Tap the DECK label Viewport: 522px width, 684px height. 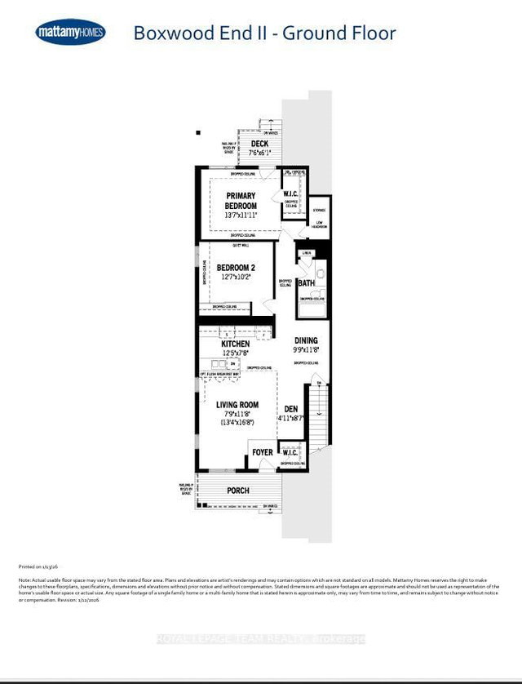(x=259, y=144)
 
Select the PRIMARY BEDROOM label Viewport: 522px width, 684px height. (x=241, y=201)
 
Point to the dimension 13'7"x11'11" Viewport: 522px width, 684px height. (x=241, y=216)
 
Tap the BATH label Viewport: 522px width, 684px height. (x=306, y=283)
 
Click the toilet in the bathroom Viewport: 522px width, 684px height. (x=321, y=273)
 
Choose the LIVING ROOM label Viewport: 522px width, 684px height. (x=237, y=405)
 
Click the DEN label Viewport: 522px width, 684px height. (x=290, y=411)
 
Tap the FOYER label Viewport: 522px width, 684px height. (x=262, y=452)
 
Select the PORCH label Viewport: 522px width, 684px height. (x=238, y=491)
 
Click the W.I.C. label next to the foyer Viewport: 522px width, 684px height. (x=290, y=451)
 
